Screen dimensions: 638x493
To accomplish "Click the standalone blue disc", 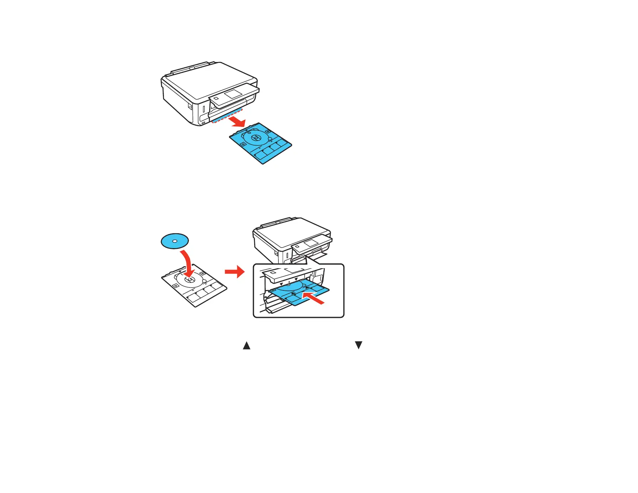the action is [175, 241].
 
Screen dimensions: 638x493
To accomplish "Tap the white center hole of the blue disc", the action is [175, 241].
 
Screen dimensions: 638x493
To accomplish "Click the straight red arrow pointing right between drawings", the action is [234, 272].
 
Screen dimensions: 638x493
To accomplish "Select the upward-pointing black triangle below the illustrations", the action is [246, 346].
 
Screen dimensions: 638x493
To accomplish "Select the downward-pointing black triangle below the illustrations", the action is [358, 345].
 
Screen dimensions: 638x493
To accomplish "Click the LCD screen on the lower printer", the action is [311, 243].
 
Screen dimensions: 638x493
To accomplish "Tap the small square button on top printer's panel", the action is [216, 98].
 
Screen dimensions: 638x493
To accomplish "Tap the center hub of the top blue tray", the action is [255, 138].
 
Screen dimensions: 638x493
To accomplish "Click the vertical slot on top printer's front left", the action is [204, 109].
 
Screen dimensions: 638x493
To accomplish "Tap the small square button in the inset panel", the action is [273, 273].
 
